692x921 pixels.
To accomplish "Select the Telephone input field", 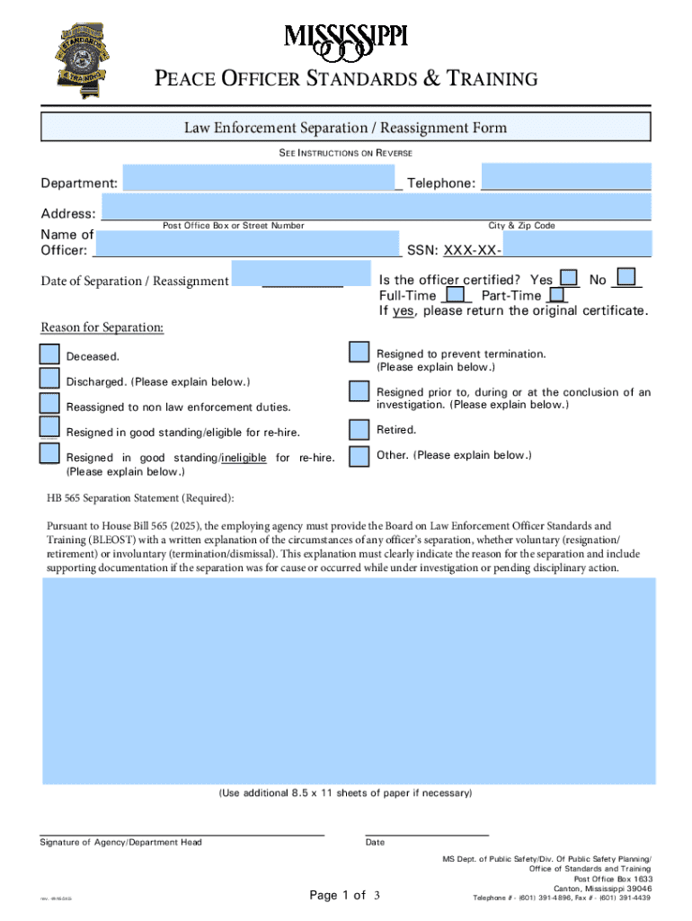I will click(x=565, y=176).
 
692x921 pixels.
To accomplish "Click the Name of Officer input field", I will click(x=246, y=244).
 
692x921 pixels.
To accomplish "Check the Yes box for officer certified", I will click(x=569, y=278).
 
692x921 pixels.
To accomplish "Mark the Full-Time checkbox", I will click(x=457, y=294).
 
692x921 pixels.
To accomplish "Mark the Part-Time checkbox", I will click(x=557, y=294).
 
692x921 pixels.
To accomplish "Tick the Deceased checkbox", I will click(x=50, y=355).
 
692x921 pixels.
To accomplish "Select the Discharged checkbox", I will click(x=50, y=380).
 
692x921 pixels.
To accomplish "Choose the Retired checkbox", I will click(x=359, y=431).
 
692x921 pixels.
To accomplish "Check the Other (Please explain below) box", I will click(x=359, y=456).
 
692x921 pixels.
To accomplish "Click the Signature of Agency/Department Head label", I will click(x=120, y=843).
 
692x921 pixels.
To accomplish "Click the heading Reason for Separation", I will click(x=102, y=327).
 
